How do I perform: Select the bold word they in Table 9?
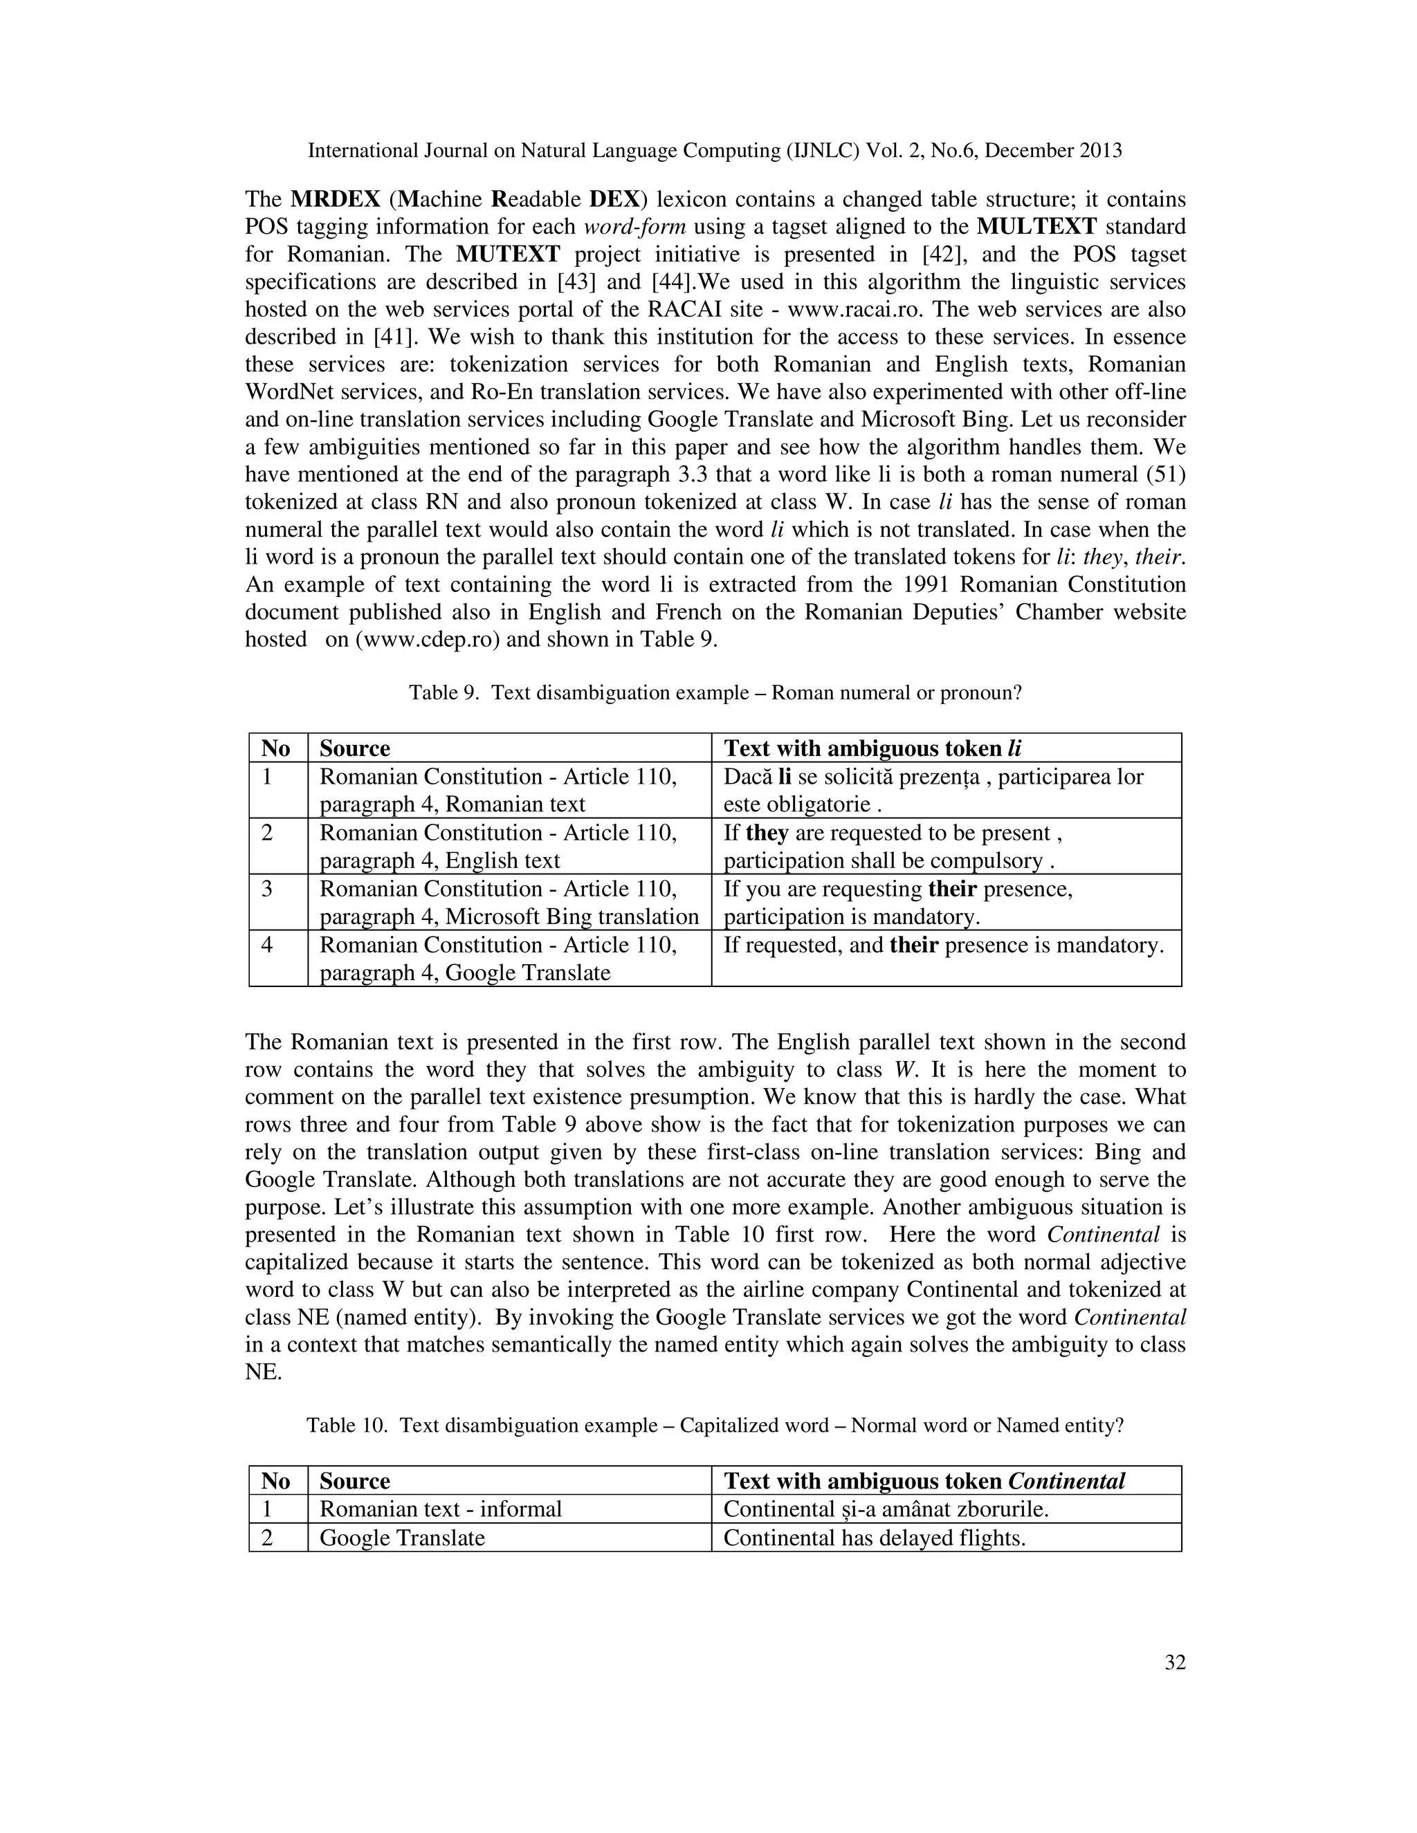click(x=767, y=833)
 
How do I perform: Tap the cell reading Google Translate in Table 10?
click(x=402, y=1538)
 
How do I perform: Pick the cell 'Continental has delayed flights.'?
click(x=874, y=1538)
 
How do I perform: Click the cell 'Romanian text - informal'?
click(x=440, y=1510)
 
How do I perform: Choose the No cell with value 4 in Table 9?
click(x=267, y=946)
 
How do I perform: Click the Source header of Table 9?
click(x=354, y=748)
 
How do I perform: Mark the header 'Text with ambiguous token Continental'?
click(x=924, y=1482)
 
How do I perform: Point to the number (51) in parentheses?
click(x=1165, y=475)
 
